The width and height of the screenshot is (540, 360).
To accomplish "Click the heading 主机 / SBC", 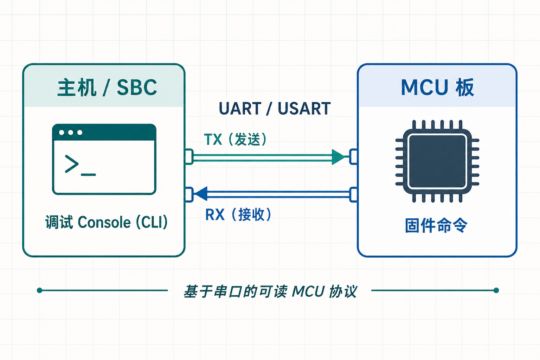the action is pos(107,87).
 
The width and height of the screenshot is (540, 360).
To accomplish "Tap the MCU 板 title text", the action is pos(437,87).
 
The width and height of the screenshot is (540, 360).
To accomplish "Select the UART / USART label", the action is pos(275,109).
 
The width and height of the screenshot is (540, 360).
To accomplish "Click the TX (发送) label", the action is pos(235,139).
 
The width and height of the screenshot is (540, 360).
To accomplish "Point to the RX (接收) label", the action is pos(238,214).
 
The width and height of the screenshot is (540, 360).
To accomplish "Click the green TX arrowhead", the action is pos(339,157).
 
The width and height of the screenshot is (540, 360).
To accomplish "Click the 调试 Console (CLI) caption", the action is pos(106,222).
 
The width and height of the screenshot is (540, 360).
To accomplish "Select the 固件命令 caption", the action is pos(436,225).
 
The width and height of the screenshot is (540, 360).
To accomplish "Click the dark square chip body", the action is pos(437,161).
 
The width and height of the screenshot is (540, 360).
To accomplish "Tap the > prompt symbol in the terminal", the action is pos(72,164).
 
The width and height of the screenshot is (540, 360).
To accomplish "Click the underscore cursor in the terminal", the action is pos(88,175).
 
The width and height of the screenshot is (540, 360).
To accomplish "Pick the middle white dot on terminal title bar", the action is pos(71,133).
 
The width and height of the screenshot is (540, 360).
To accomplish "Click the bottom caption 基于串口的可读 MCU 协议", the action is pos(270,291).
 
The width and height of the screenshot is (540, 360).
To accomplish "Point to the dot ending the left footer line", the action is pos(39,290).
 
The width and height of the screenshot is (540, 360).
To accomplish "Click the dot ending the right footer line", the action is pos(496,290).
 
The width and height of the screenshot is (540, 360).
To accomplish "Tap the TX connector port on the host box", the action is pos(189,157).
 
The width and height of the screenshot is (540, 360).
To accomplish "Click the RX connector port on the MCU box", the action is pos(353,194).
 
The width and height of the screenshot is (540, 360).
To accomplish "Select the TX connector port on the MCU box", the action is pos(353,157).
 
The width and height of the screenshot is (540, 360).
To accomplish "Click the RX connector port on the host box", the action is pos(189,194).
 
